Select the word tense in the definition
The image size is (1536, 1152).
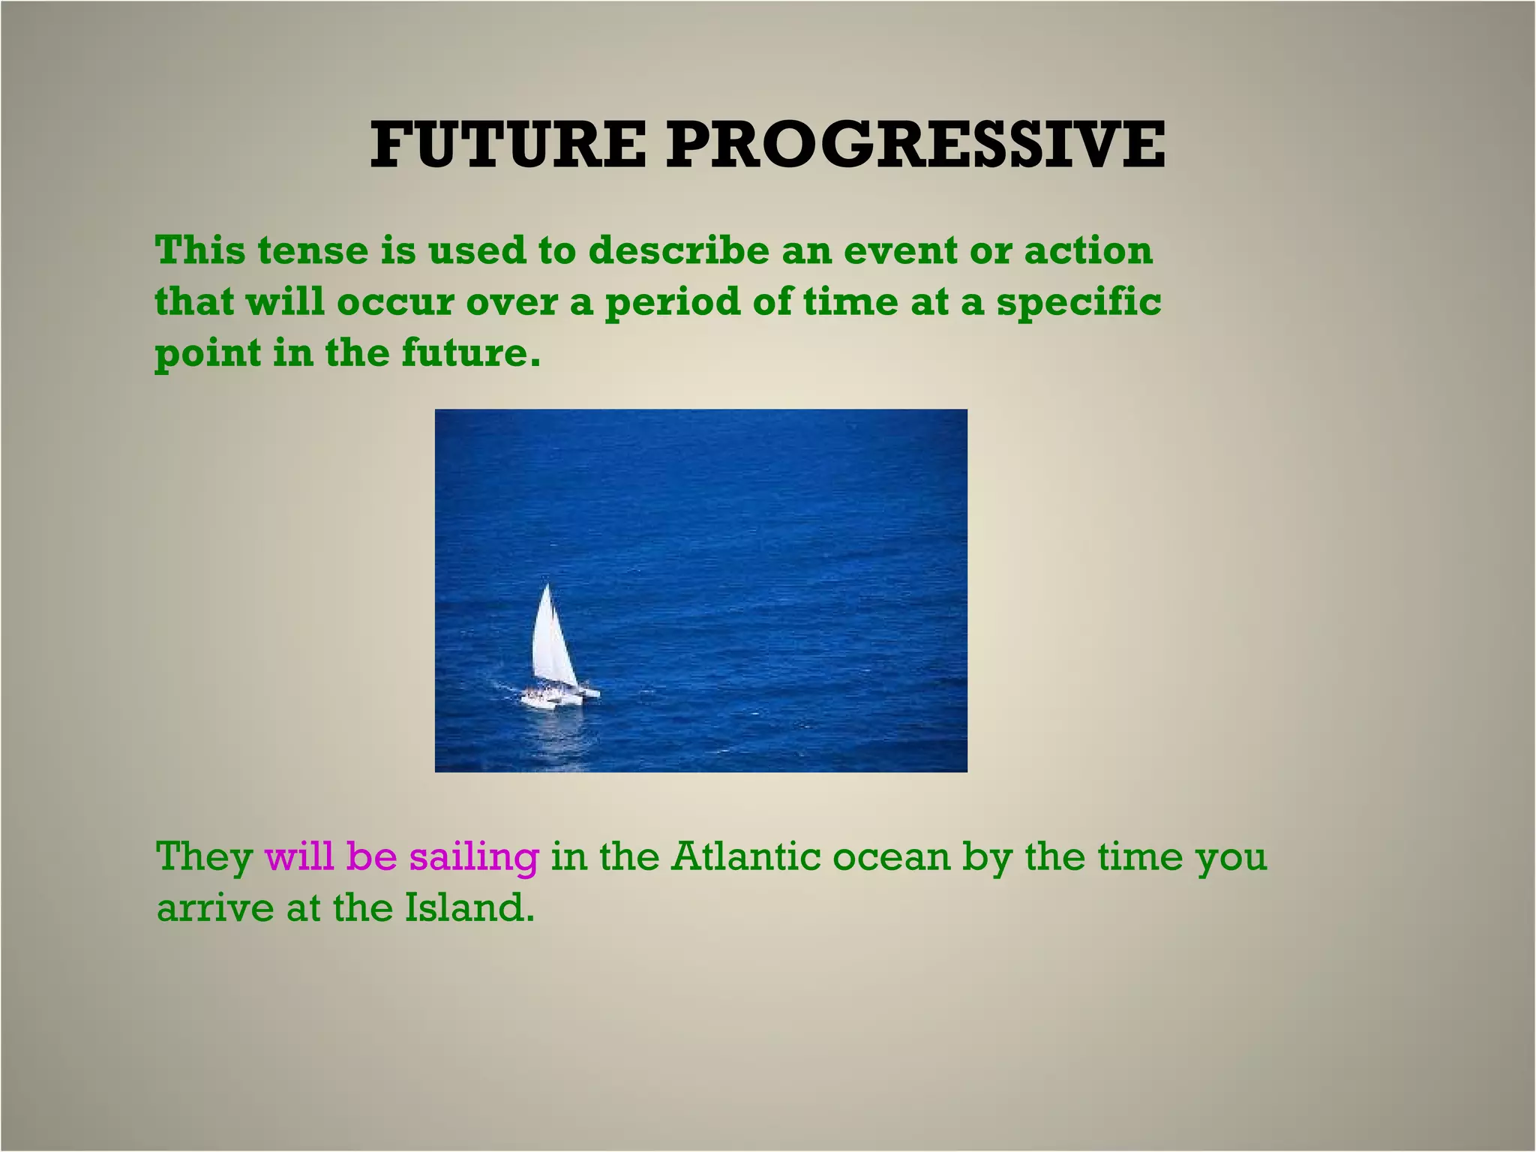tap(312, 250)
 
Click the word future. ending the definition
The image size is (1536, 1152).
tap(470, 353)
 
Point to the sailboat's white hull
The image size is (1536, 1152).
tap(555, 697)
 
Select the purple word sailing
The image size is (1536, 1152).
tap(474, 858)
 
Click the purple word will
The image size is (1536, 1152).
tap(299, 856)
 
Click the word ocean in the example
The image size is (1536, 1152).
tap(891, 858)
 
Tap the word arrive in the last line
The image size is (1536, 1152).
tap(215, 908)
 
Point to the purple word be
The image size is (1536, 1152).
tap(372, 856)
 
